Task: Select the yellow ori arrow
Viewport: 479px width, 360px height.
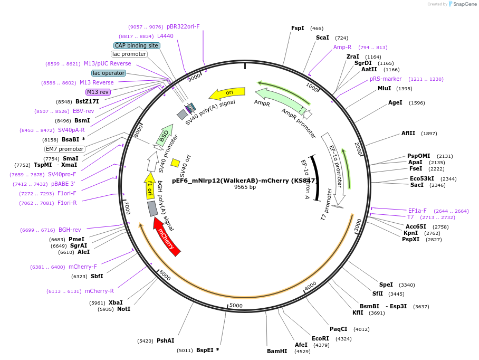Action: [227, 93]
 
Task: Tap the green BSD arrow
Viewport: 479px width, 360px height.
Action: [165, 135]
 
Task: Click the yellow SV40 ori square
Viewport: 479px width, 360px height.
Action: [175, 163]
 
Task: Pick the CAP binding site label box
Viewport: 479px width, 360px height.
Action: [137, 45]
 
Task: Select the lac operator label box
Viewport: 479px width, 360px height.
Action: [109, 73]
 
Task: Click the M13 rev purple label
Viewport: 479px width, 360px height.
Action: [98, 92]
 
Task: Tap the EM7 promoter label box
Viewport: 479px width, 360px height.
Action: [65, 149]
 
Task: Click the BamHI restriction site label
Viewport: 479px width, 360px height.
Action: [277, 351]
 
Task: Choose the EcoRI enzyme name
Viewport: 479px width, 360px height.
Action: [320, 338]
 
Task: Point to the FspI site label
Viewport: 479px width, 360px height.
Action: [298, 28]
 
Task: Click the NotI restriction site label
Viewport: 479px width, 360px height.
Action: [124, 309]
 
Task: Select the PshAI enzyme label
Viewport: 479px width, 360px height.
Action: [166, 340]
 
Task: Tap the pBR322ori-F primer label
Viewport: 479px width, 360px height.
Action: [183, 26]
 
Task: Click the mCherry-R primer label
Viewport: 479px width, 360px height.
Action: [99, 291]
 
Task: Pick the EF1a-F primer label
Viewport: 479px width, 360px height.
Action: [417, 211]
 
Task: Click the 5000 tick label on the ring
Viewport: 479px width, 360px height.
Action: [236, 306]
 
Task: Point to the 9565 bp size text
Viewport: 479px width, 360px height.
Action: [245, 187]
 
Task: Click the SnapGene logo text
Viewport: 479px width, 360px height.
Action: [465, 4]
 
